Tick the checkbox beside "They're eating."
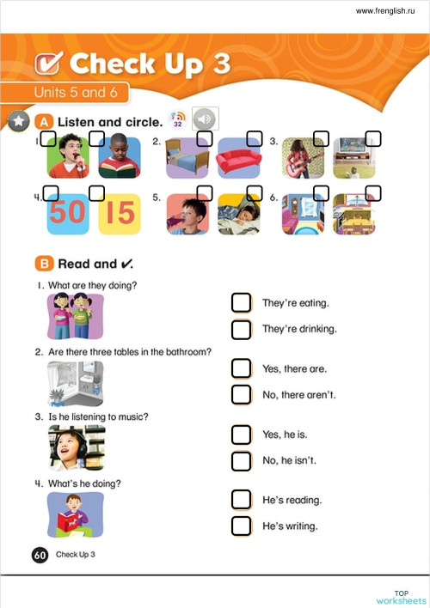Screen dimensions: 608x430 tap(242, 302)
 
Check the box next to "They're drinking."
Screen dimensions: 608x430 tap(242, 329)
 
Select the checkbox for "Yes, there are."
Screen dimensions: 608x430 tap(242, 368)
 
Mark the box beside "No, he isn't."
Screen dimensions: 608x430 tap(242, 460)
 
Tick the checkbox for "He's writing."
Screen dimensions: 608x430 tap(242, 526)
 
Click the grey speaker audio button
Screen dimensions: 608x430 tap(206, 119)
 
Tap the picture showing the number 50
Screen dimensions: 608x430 tap(66, 213)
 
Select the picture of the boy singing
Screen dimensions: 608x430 tap(66, 157)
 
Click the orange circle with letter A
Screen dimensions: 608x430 tap(44, 121)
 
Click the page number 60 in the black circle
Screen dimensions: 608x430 tap(40, 555)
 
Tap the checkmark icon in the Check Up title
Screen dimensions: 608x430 tap(48, 63)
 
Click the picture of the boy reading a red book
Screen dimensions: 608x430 tap(75, 514)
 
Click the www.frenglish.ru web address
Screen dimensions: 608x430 tap(387, 11)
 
